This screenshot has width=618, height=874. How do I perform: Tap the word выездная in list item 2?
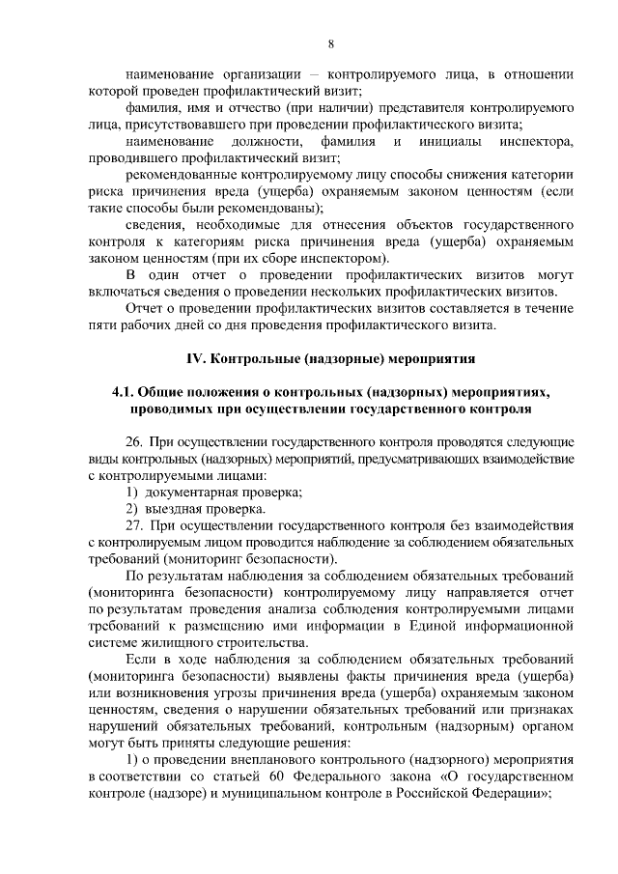tap(173, 509)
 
